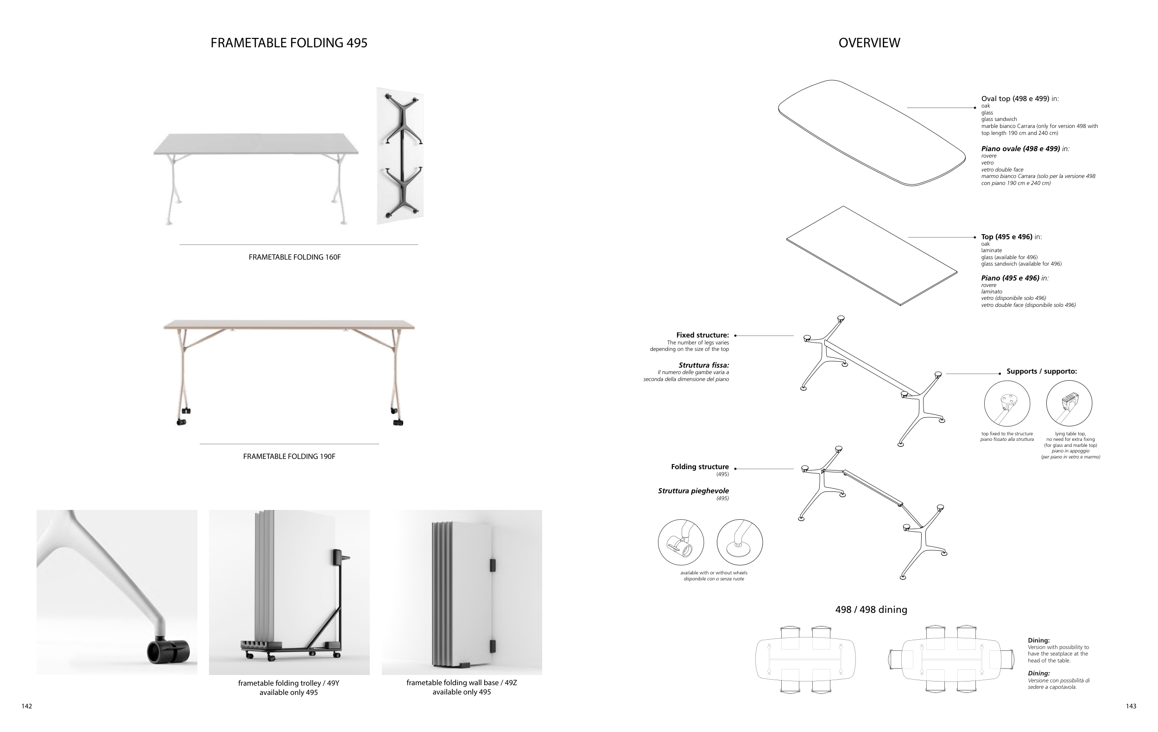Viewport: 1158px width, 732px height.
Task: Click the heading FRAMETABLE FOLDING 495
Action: [289, 43]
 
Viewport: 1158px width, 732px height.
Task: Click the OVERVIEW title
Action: [869, 43]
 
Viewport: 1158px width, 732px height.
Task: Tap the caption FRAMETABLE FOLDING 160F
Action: [294, 257]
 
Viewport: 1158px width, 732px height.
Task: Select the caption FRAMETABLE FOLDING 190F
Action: [289, 457]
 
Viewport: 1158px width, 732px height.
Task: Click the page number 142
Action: [27, 706]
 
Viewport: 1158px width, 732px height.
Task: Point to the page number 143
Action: [1131, 706]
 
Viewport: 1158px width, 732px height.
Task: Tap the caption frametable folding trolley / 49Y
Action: [289, 683]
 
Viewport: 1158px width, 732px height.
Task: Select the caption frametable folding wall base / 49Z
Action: [462, 682]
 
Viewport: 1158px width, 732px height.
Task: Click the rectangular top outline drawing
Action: [871, 255]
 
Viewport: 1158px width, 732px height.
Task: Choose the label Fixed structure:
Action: [702, 335]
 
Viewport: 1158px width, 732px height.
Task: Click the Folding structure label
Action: [700, 467]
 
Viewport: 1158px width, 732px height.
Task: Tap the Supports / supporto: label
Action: [1042, 371]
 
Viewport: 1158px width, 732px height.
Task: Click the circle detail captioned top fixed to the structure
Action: [1007, 403]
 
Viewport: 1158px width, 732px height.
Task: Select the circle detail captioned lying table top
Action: [1069, 403]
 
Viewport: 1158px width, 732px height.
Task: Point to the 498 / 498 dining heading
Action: [871, 610]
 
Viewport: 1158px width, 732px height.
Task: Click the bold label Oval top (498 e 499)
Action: [1015, 99]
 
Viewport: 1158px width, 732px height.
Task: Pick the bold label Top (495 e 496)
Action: [1006, 236]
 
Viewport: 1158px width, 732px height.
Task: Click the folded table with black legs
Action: [400, 155]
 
